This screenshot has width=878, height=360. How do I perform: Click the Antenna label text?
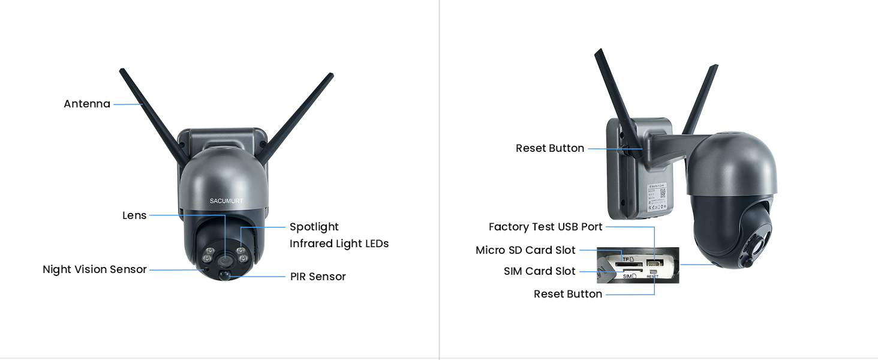(x=87, y=104)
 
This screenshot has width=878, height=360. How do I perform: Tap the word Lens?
(x=134, y=215)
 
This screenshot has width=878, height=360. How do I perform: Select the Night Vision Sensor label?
(x=95, y=269)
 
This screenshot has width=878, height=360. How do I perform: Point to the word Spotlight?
(x=314, y=227)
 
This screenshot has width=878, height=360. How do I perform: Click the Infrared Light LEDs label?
(x=339, y=244)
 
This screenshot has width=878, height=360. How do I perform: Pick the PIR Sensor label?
(x=318, y=277)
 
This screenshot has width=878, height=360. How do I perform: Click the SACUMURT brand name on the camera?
(x=227, y=201)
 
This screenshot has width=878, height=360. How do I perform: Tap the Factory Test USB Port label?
(x=545, y=227)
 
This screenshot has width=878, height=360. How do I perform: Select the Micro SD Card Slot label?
(x=525, y=250)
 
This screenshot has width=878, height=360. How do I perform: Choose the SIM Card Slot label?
(x=540, y=271)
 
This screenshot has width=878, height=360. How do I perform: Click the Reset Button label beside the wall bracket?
(x=550, y=148)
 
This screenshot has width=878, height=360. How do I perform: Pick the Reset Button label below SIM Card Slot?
(x=568, y=294)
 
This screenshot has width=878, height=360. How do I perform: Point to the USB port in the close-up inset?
(x=654, y=263)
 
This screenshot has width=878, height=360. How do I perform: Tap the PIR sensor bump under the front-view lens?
(x=225, y=275)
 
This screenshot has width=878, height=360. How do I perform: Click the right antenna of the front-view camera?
(x=300, y=111)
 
